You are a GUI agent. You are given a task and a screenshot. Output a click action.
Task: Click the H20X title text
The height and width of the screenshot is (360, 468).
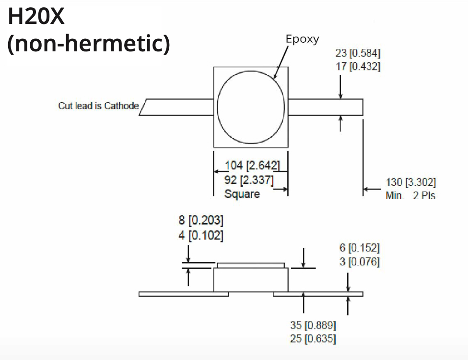tap(36, 18)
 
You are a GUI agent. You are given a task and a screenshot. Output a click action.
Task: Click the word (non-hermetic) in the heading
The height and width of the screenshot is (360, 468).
tap(89, 44)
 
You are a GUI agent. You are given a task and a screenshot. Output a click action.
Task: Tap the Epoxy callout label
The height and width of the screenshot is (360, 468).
tap(302, 39)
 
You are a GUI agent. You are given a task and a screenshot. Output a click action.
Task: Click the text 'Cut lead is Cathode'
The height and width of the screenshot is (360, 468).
tap(98, 106)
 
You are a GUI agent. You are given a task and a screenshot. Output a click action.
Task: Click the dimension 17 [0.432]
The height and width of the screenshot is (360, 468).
tap(358, 67)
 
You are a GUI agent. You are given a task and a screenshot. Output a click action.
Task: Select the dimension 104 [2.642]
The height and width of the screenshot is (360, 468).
tap(252, 166)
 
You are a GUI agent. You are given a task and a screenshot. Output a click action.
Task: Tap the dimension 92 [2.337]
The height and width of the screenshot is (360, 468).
tap(249, 180)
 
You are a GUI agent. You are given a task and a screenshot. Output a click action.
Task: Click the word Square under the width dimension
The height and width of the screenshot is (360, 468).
tap(242, 194)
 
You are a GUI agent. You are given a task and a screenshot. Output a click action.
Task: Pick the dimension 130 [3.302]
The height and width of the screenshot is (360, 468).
tap(410, 182)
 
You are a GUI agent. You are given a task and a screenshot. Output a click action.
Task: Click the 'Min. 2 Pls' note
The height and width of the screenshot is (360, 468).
tap(410, 196)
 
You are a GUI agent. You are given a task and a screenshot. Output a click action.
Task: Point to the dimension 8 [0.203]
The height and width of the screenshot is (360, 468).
tap(201, 221)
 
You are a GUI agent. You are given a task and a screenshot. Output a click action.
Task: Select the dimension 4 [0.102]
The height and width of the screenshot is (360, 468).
tap(201, 236)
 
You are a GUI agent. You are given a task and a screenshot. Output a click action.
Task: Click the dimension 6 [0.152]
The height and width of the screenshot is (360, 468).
tap(359, 248)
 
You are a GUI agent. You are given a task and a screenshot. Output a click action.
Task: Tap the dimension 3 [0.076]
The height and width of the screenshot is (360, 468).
tap(359, 262)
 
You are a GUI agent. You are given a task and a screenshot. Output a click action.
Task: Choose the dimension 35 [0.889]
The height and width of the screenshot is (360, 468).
tap(313, 325)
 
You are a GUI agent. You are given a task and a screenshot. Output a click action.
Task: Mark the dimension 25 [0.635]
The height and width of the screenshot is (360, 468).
tap(313, 339)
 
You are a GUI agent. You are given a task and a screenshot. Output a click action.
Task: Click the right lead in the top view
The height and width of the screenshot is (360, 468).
tap(326, 107)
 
